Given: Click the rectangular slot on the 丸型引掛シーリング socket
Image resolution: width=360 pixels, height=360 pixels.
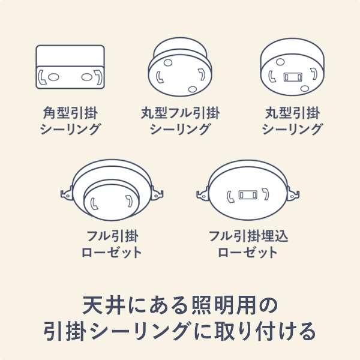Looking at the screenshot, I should click(293, 77).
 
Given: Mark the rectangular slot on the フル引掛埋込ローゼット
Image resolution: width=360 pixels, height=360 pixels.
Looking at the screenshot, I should click(247, 196).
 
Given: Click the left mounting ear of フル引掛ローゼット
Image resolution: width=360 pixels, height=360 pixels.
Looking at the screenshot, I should click(66, 193).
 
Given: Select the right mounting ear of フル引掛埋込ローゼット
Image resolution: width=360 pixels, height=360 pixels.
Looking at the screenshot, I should click(292, 193).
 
